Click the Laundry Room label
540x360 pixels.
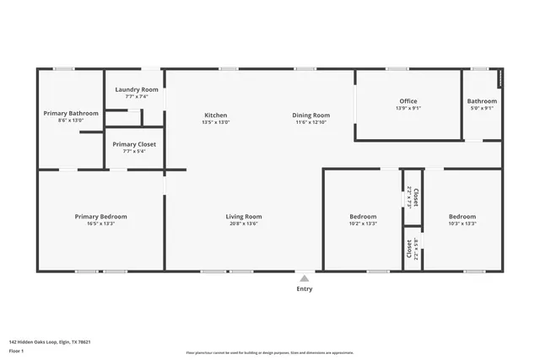137,89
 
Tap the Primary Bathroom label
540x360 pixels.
71,113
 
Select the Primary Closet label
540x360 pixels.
134,144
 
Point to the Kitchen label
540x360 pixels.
216,116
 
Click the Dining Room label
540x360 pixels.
311,116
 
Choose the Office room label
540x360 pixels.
408,101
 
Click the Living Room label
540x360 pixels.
243,217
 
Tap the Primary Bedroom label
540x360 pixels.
100,217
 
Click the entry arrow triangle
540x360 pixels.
304,277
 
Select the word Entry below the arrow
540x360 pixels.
304,289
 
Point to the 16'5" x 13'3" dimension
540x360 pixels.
100,224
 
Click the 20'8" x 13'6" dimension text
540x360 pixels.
243,224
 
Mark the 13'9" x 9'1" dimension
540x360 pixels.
408,108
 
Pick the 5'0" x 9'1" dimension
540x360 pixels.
481,108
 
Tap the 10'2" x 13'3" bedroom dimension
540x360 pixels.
363,224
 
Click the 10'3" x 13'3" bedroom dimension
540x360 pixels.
462,224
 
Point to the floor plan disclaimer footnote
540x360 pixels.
269,352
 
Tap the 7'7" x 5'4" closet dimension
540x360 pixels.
134,152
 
